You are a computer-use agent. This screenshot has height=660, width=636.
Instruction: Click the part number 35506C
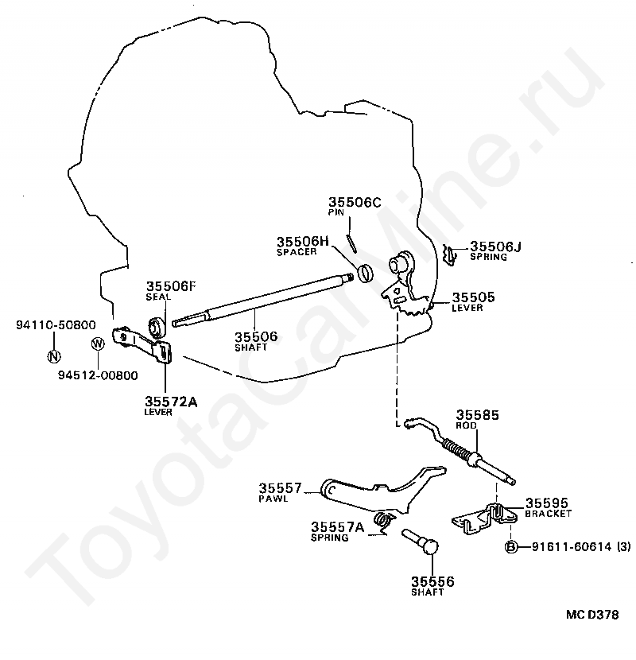pos(355,203)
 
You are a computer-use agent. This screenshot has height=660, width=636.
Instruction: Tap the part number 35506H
pos(302,241)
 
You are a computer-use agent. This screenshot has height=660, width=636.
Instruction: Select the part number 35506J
pos(495,247)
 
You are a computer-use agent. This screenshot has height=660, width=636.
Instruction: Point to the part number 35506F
pos(170,286)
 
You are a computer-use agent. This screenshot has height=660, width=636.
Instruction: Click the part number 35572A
pos(170,402)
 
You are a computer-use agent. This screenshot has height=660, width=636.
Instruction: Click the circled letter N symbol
pos(52,355)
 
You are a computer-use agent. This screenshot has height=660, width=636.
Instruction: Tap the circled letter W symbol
pos(98,344)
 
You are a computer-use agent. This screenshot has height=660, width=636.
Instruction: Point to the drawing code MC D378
pos(592,615)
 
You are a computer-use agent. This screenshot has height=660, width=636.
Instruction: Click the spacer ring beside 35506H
pos(366,273)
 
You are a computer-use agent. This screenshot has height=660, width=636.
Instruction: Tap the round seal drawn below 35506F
pos(157,325)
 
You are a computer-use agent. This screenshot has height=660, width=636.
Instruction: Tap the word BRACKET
pos(548,514)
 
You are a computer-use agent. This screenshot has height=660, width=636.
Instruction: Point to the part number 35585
pos(477,414)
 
